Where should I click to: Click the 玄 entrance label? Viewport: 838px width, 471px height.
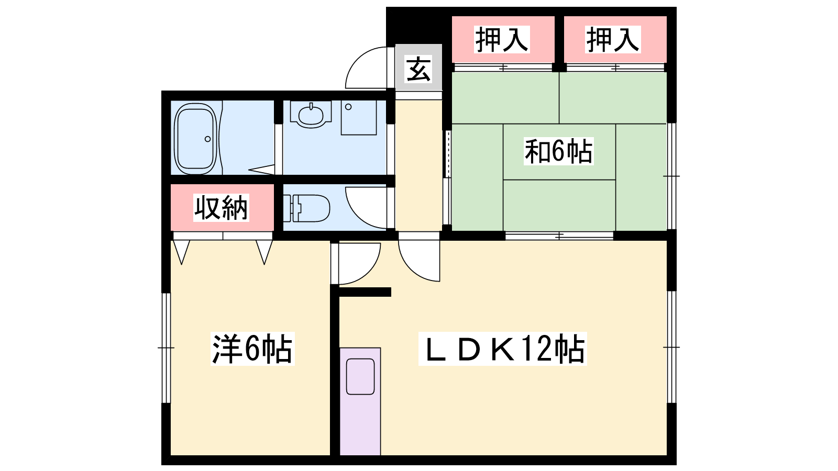coord(418,69)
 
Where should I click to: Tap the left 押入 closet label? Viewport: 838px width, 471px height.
coord(502,39)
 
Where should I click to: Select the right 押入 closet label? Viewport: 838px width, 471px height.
coord(613,39)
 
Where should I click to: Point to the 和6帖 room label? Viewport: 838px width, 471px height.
coord(558,151)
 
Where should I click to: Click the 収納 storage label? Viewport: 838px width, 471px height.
coord(221,207)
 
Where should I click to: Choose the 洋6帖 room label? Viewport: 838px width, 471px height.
coord(252,349)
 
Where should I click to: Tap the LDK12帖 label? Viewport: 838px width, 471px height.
coord(502,349)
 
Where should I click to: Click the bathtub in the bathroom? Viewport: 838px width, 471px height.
coord(196,139)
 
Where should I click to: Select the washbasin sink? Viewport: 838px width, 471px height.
coord(311,115)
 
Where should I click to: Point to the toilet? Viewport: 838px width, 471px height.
coord(306,208)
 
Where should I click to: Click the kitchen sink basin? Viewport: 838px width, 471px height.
coord(360,376)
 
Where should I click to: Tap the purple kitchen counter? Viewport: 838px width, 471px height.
coord(360,401)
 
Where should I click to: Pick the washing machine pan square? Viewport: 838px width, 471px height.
coord(358,117)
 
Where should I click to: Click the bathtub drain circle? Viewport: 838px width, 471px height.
coord(207,139)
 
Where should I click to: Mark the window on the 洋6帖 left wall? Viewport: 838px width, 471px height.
coord(166,348)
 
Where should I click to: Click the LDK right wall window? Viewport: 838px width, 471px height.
coord(672,347)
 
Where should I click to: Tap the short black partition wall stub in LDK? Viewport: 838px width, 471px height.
coord(361,292)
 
